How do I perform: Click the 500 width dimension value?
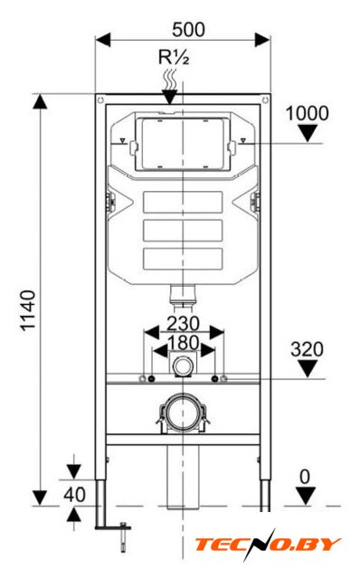[188, 30]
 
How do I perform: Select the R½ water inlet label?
[174, 57]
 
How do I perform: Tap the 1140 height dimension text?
[28, 310]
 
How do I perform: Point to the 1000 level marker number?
[308, 113]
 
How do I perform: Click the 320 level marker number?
[307, 349]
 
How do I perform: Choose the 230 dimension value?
[183, 324]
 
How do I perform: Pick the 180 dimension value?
[184, 343]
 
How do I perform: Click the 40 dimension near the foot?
[74, 495]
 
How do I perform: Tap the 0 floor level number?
[305, 477]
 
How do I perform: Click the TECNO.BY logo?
[268, 545]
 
